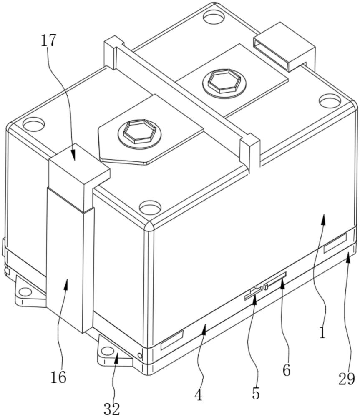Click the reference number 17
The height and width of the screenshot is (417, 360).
pos(49,41)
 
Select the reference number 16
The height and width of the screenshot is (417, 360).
pos(58,377)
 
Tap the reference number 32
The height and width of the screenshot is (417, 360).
pos(112,409)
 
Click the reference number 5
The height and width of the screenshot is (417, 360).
pos(256,393)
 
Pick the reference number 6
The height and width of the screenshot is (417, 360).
pos(286,370)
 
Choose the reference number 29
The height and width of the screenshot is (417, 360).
pos(347,379)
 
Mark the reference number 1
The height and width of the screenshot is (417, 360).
pos(322,332)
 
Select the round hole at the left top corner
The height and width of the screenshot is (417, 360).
pos(33,124)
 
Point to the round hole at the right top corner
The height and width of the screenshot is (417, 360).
pos(330,101)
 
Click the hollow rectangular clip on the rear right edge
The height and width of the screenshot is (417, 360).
pos(284,47)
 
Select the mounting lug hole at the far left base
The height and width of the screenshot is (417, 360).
pos(25,292)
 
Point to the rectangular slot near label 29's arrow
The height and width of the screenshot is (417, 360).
pos(335,244)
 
